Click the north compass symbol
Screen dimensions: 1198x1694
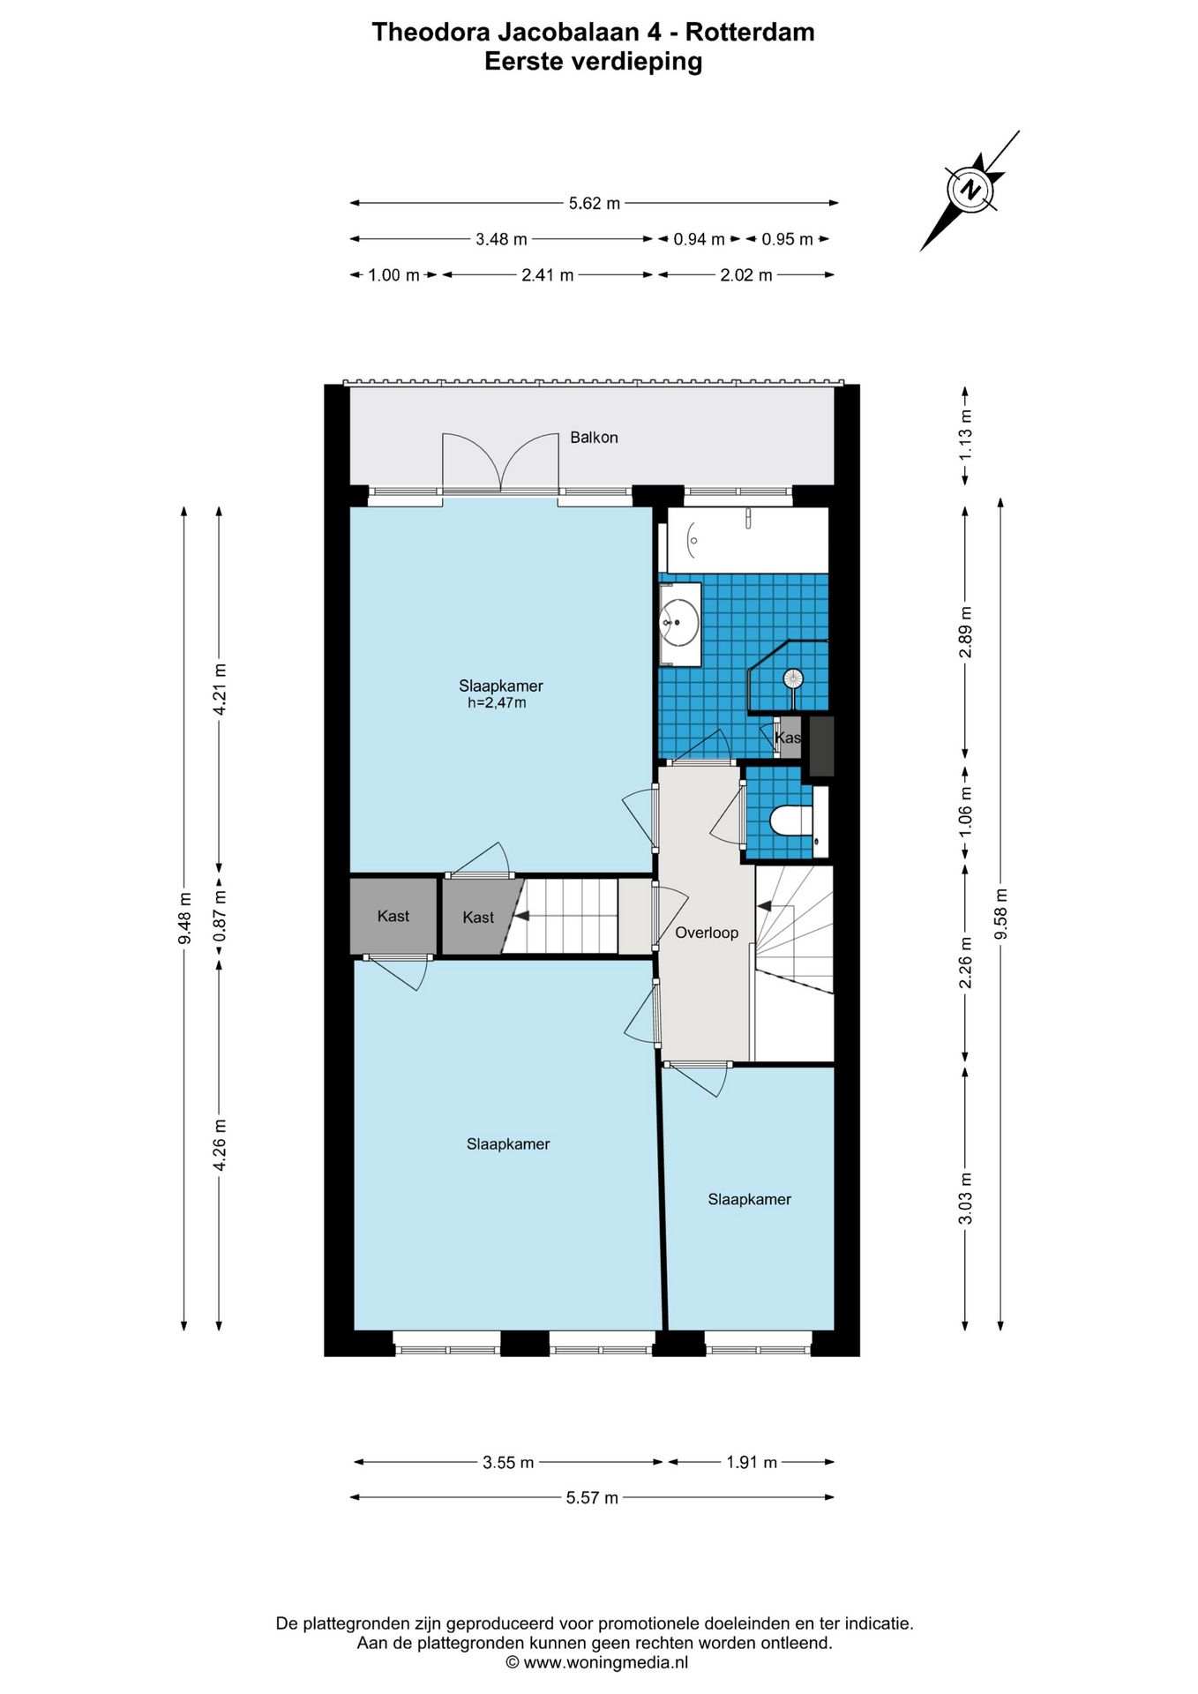tap(970, 190)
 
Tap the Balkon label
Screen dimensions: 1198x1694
tap(594, 438)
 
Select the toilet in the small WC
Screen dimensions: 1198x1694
tap(791, 821)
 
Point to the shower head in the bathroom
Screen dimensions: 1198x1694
tap(793, 678)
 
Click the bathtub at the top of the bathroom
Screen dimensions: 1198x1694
tap(747, 540)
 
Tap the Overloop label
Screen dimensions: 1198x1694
tap(707, 933)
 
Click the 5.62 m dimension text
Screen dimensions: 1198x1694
tap(595, 204)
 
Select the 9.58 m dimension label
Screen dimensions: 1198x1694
tap(1000, 914)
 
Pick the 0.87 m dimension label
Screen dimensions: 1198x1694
tap(220, 915)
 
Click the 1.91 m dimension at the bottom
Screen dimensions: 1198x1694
tap(752, 1462)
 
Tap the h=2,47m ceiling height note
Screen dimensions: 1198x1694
tap(497, 703)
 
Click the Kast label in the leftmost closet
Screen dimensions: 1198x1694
tap(393, 917)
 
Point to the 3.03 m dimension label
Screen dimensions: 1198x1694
tap(966, 1198)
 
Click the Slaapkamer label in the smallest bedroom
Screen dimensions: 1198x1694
tap(750, 1199)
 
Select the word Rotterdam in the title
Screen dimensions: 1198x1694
tap(750, 33)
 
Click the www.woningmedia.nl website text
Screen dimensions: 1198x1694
tap(605, 1663)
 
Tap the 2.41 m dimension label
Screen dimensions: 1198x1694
tap(548, 275)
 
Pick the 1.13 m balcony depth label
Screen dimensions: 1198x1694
tap(966, 435)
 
